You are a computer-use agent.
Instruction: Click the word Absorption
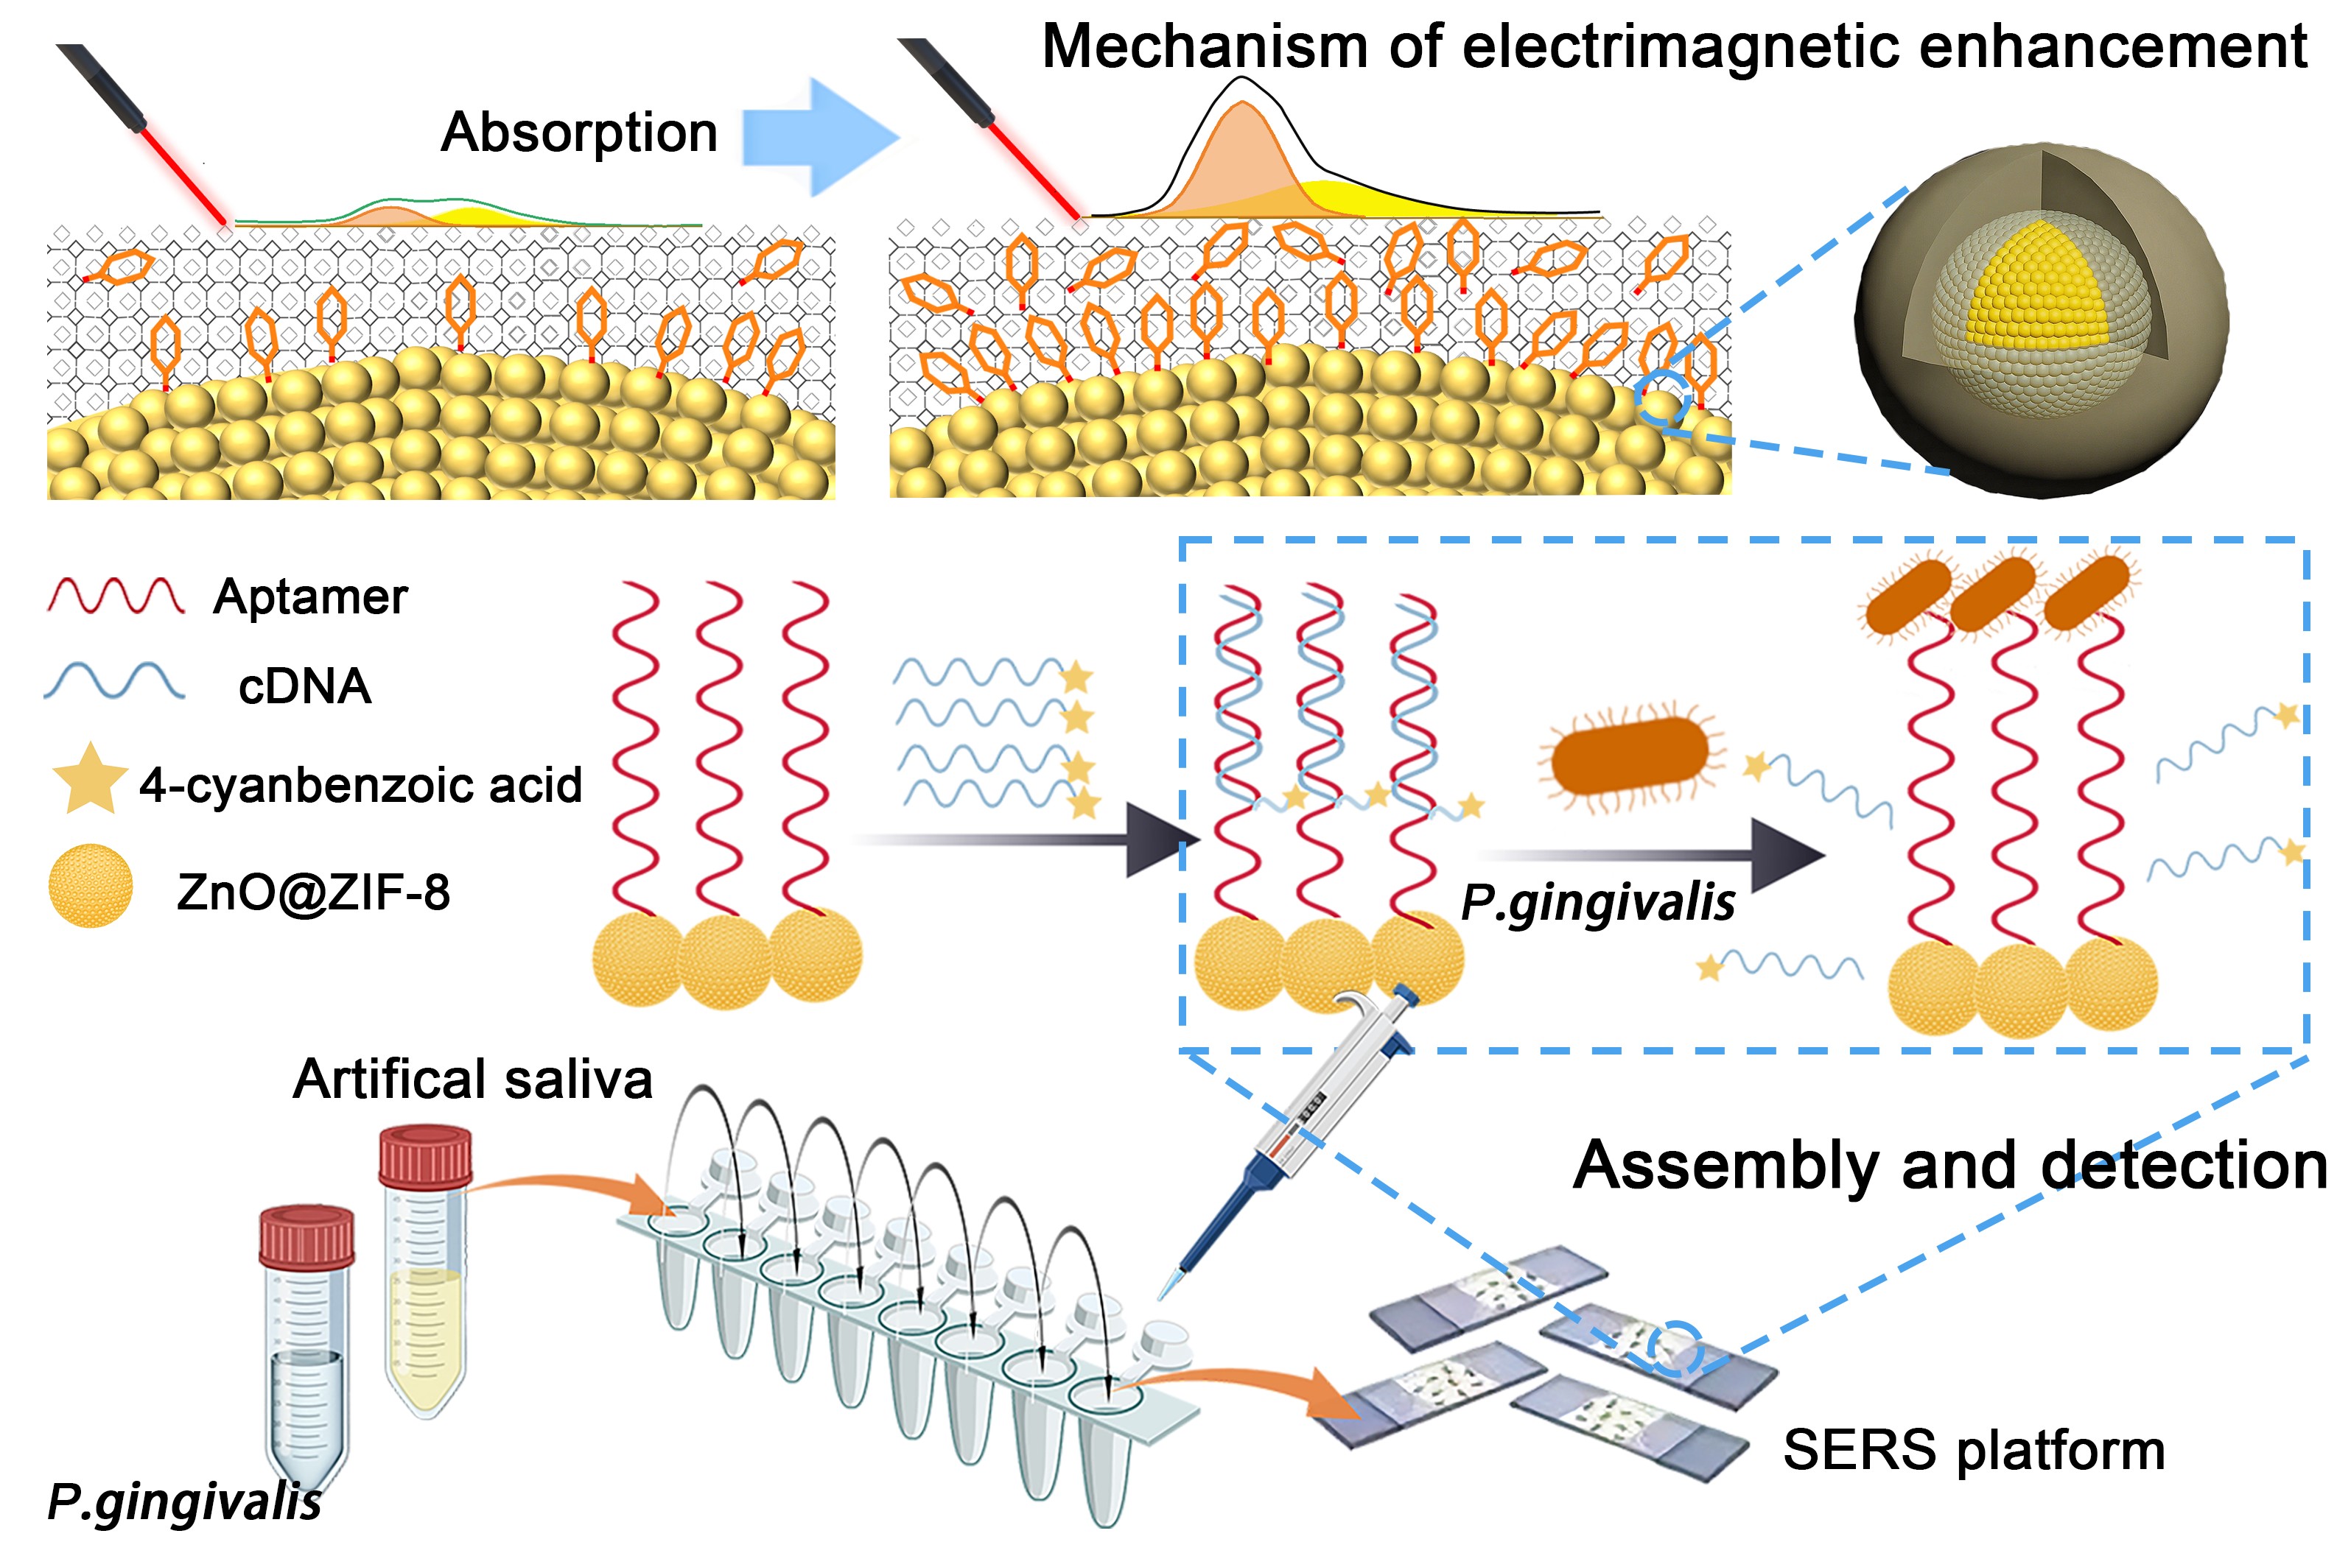(579, 133)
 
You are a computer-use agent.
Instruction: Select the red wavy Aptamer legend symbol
(116, 596)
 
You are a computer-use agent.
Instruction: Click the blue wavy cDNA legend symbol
(114, 682)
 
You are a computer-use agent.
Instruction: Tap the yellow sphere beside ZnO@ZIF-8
(90, 887)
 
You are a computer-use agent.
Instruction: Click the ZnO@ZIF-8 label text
(313, 892)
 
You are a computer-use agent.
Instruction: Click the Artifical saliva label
(473, 1080)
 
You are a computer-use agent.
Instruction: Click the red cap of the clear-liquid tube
(307, 1236)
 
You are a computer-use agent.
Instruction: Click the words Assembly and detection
(1949, 1166)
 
